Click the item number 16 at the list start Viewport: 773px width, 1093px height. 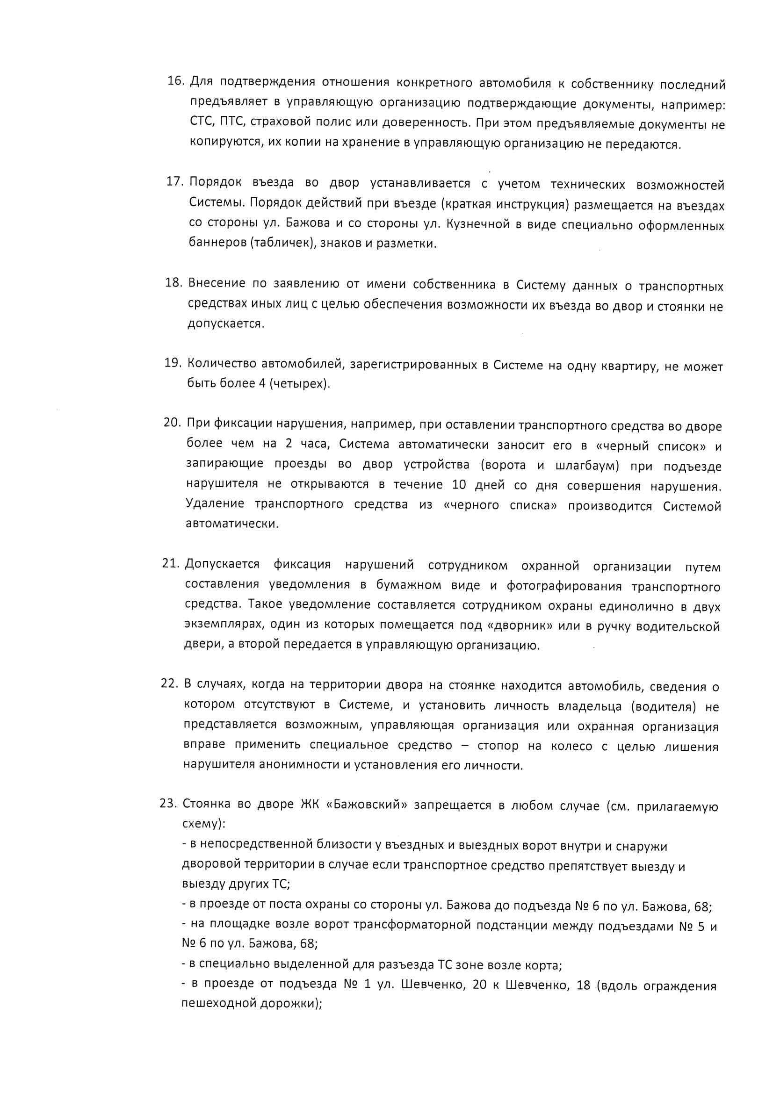coord(175,81)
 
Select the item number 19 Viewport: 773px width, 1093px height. coord(173,363)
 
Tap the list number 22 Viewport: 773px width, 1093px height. coord(169,683)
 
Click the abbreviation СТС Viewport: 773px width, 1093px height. coord(202,122)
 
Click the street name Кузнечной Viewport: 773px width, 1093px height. coord(478,224)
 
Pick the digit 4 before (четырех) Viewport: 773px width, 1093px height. coord(262,383)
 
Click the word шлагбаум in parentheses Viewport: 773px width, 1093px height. coord(586,466)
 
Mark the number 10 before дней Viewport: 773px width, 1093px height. coord(459,485)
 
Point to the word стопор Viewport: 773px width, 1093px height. coord(498,746)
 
